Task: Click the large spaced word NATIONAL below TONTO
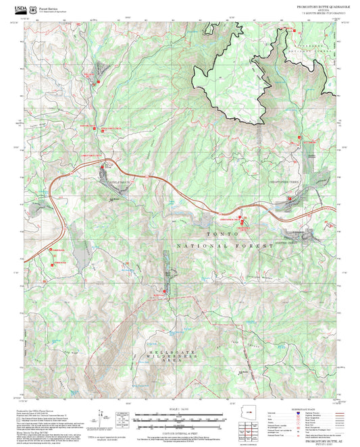pos(201,246)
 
